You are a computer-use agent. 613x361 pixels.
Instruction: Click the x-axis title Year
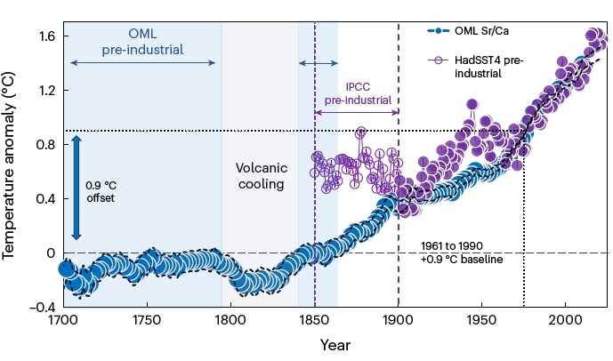335,344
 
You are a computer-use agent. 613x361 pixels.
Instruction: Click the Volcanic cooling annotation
260,176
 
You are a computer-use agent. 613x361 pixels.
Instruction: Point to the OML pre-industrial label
142,42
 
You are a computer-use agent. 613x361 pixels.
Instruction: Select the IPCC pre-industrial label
358,94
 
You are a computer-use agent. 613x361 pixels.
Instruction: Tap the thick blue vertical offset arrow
77,187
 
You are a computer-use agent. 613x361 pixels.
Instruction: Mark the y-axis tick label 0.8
44,145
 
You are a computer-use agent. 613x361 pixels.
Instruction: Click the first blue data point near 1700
67,268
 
